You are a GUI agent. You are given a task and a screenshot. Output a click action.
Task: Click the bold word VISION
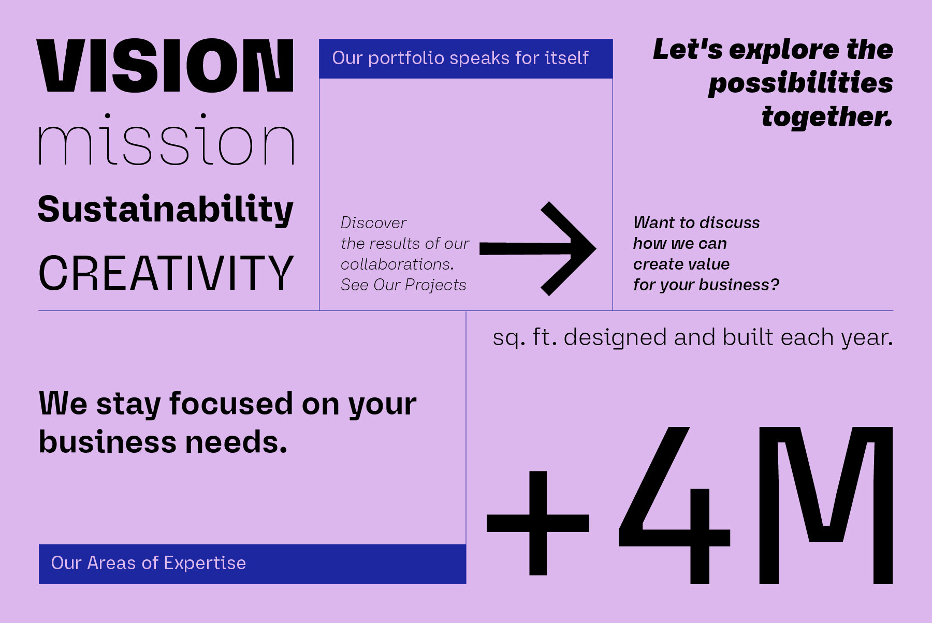(165, 66)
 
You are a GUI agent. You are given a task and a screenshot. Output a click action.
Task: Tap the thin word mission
(166, 139)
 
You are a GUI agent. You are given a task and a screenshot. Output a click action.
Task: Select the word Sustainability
(166, 210)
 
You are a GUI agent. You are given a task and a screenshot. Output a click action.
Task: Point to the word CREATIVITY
(166, 273)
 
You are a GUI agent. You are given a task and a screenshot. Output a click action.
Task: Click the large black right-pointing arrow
(537, 249)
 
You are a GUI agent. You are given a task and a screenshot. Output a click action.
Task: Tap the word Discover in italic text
(373, 223)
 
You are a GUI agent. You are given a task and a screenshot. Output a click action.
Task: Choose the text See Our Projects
(403, 285)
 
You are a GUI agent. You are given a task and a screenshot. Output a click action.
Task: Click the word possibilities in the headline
(800, 84)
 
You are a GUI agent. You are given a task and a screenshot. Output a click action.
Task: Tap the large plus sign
(538, 523)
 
